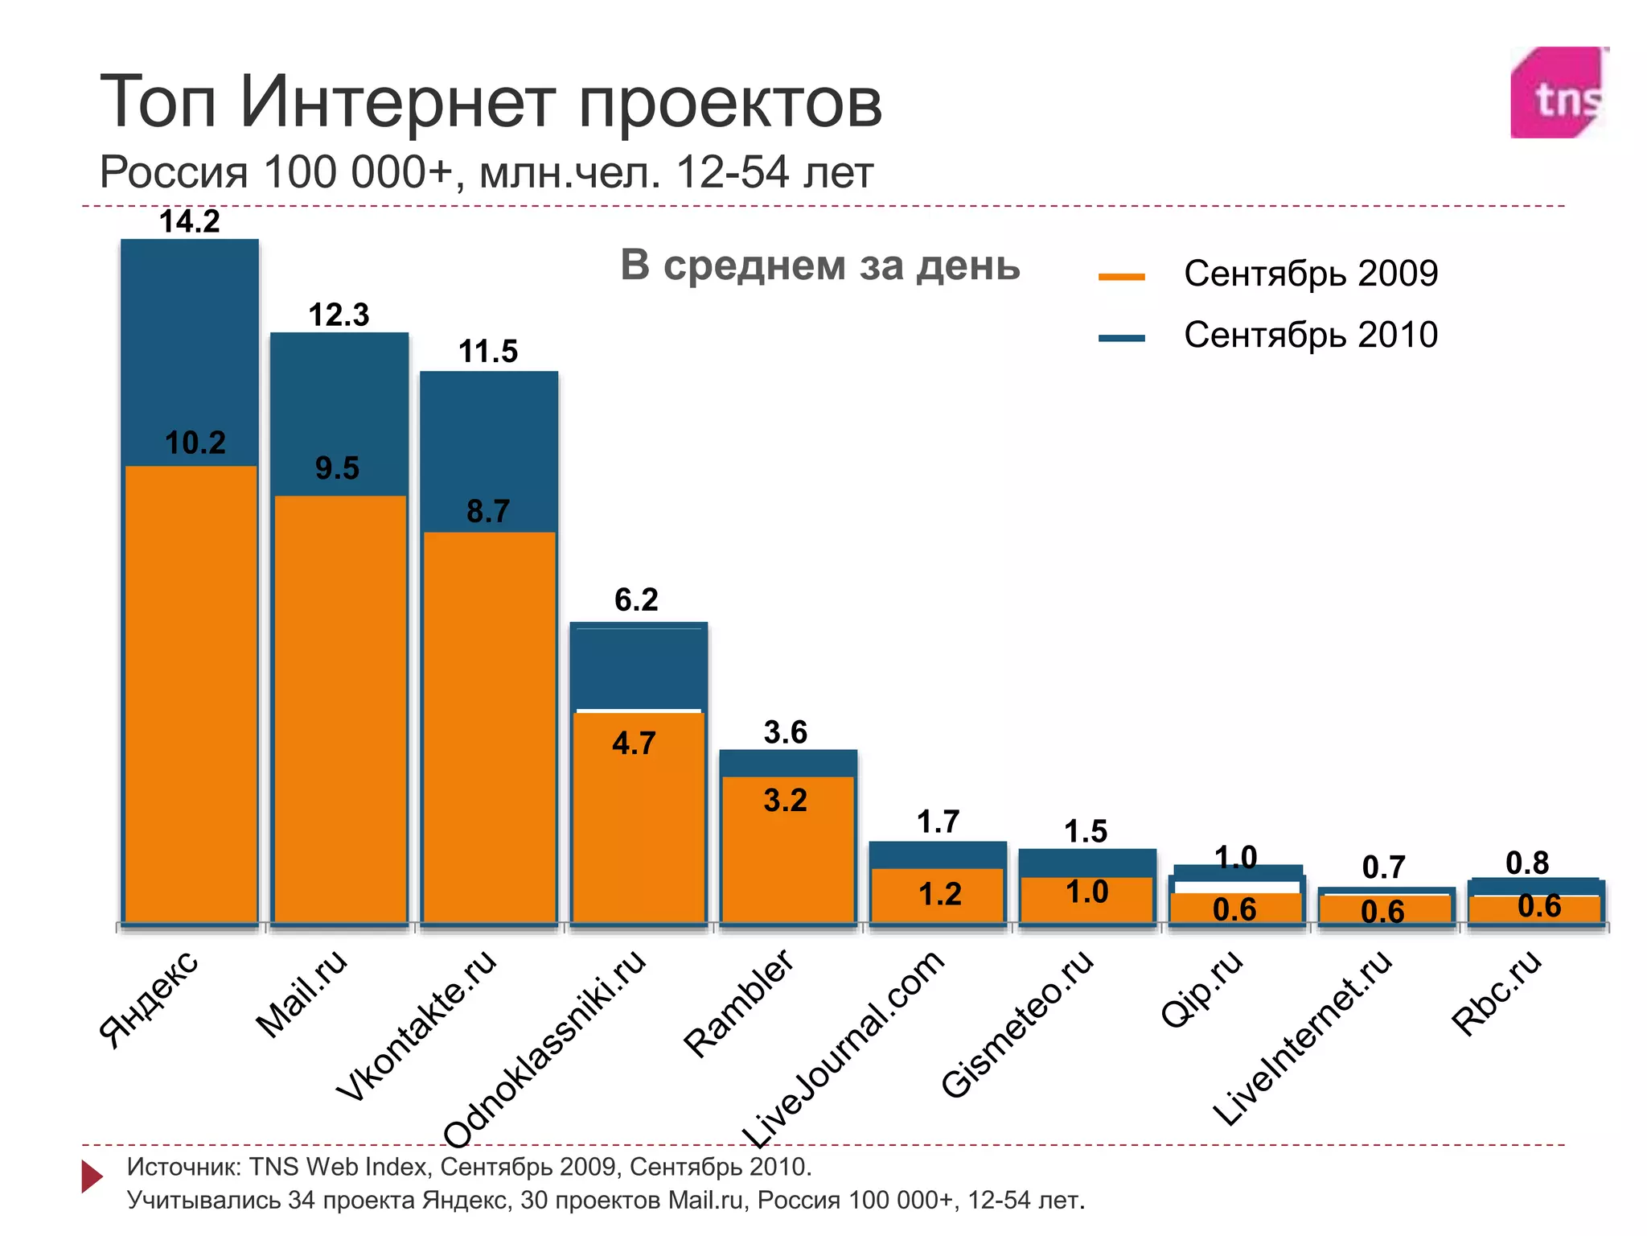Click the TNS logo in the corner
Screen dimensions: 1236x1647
(x=1559, y=93)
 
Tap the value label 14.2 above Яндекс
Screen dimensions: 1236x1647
(x=189, y=221)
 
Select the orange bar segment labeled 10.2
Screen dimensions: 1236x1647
(x=191, y=692)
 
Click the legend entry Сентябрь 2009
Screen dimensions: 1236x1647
(x=1310, y=274)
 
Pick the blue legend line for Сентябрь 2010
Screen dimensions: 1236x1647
(x=1121, y=338)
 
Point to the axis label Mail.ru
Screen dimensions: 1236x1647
(x=302, y=994)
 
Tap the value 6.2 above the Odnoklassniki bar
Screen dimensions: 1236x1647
(x=636, y=599)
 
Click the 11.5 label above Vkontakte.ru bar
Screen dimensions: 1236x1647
(x=488, y=352)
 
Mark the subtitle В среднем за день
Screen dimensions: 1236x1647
(x=819, y=266)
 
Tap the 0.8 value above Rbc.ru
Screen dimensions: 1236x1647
(x=1526, y=863)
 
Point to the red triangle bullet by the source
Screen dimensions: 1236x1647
(x=92, y=1176)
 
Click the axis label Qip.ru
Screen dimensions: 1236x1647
(x=1202, y=988)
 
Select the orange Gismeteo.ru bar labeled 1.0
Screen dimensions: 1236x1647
(x=1087, y=900)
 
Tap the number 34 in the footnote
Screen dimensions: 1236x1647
(x=301, y=1201)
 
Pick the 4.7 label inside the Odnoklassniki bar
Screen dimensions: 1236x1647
(x=634, y=743)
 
